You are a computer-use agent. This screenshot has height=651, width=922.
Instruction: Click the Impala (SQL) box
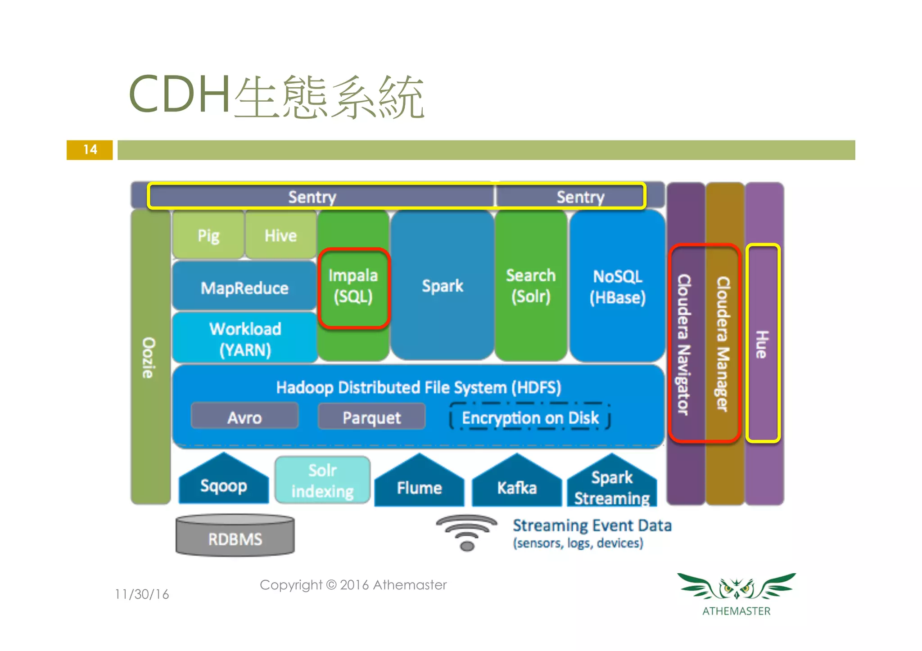353,287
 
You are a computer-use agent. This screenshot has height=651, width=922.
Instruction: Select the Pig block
208,236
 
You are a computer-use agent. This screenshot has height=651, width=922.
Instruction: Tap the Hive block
280,236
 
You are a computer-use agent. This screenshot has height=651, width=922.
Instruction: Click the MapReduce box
244,287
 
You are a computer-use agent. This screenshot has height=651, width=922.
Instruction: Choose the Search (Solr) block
531,286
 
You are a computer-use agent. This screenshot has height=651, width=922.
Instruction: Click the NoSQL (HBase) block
617,287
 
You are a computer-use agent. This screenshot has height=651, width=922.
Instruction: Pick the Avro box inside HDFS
244,417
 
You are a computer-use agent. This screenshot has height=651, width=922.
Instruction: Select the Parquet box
371,417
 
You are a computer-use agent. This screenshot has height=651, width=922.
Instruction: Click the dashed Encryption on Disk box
530,417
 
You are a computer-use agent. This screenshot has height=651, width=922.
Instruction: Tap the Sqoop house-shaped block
224,483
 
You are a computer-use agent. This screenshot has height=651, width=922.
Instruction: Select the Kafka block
517,485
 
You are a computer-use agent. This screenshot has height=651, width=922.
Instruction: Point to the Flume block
419,485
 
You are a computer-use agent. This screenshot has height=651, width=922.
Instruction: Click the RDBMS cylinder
235,537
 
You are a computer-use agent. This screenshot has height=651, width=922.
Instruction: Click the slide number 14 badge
90,150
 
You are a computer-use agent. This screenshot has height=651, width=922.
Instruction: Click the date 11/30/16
142,594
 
